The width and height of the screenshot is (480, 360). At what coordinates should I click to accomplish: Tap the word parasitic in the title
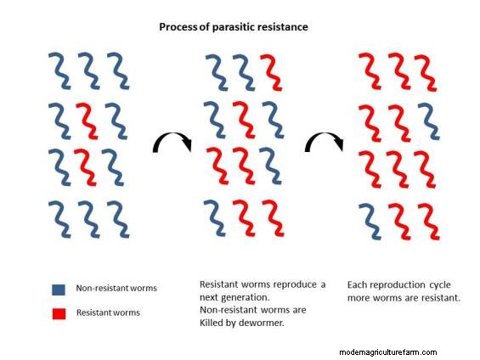pos(235,27)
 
